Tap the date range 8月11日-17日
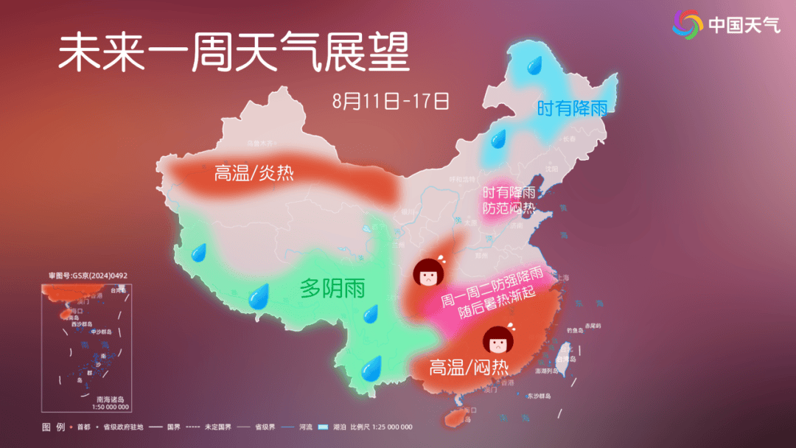click(391, 101)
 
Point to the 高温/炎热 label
click(254, 174)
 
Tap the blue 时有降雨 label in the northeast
click(572, 109)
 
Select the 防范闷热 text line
click(508, 208)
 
